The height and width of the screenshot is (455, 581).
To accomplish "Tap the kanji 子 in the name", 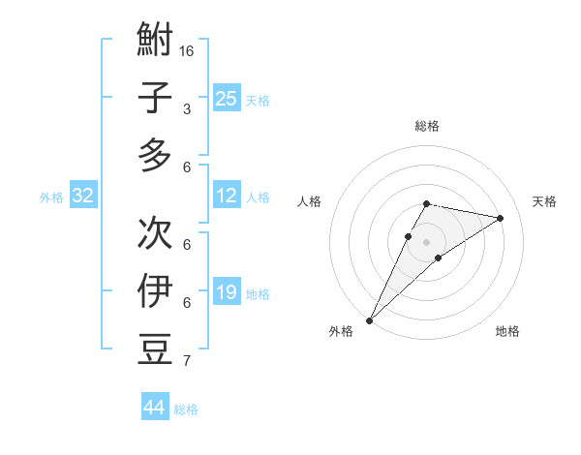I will tap(155, 98).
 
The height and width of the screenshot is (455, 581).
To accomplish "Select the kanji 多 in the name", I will tap(155, 155).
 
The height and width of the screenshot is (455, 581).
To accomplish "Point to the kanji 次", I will tap(155, 231).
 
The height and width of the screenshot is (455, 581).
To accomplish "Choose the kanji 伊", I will tap(155, 290).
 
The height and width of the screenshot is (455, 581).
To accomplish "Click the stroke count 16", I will tap(187, 50).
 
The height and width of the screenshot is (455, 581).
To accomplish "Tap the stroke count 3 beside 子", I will tap(186, 109).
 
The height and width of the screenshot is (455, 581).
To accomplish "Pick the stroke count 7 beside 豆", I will tap(186, 361).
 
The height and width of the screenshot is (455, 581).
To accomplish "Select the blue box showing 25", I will tap(227, 98).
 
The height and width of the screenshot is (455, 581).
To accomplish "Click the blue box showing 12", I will tap(227, 197).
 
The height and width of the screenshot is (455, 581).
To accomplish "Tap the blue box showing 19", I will tap(227, 292).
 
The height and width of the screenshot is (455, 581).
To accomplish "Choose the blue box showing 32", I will tap(83, 197).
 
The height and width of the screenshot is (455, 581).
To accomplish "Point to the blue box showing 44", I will tap(155, 408).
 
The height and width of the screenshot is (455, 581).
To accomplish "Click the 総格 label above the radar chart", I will tap(426, 126).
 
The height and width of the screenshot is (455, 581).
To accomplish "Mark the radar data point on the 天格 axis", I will tap(500, 218).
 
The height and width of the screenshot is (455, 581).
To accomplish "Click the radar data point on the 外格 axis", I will tap(369, 319).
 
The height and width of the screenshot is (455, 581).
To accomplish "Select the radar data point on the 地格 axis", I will tap(439, 257).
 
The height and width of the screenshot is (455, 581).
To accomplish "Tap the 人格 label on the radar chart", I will tap(310, 201).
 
